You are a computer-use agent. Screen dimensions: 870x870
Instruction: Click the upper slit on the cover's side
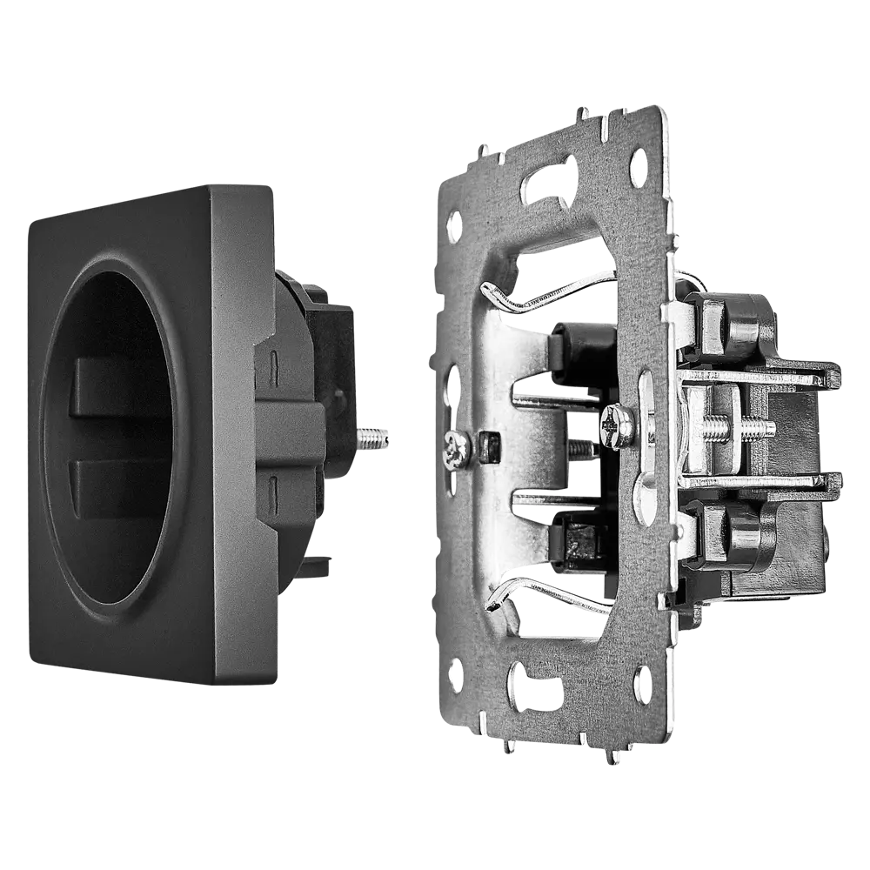pyautogui.click(x=273, y=358)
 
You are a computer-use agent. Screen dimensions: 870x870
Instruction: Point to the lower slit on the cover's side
pyautogui.click(x=273, y=484)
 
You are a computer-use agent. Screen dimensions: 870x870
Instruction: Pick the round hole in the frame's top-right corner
pyautogui.click(x=639, y=162)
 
